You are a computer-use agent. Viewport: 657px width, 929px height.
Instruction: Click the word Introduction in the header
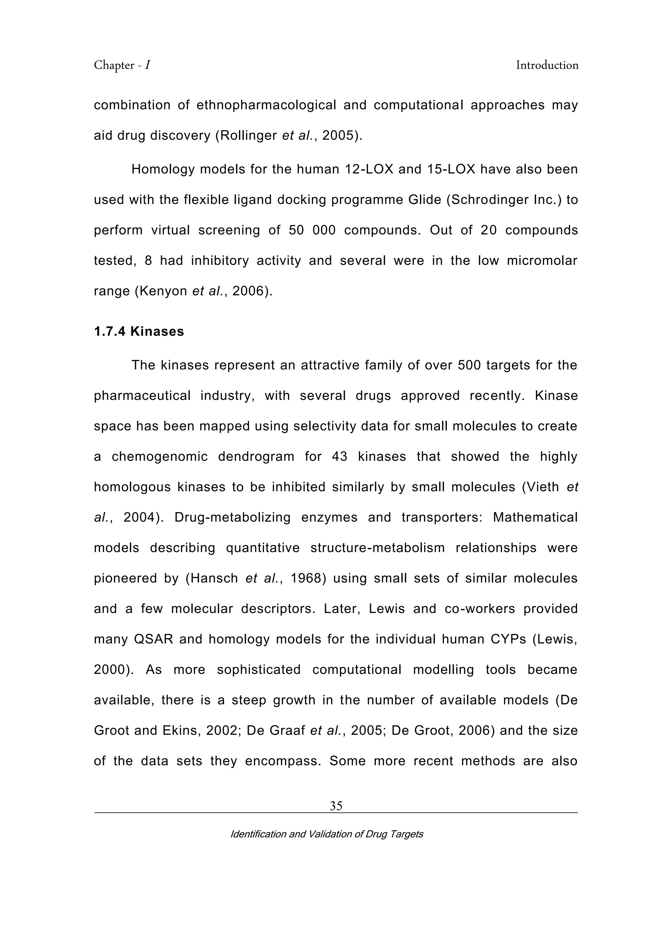pos(547,65)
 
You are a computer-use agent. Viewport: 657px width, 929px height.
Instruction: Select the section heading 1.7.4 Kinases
pos(139,331)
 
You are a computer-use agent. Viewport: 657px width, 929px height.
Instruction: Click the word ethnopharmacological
pos(266,105)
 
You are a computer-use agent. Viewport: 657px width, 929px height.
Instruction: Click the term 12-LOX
pos(369,169)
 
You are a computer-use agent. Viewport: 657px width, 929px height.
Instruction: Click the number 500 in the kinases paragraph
pos(469,365)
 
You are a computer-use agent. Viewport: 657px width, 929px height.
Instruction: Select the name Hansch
pos(214,578)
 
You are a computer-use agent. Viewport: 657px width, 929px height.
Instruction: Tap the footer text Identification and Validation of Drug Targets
pos(327,834)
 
